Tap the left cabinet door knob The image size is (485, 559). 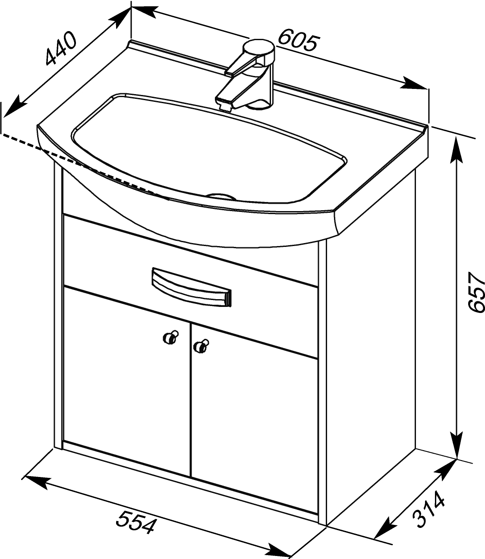click(x=171, y=338)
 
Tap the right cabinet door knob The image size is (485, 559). click(x=201, y=346)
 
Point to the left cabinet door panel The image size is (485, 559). click(x=126, y=380)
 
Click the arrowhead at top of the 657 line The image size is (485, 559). click(x=457, y=150)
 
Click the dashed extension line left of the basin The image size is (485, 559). click(x=85, y=167)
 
